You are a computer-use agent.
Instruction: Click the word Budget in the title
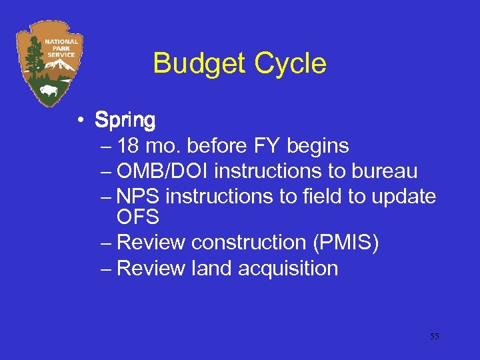199,64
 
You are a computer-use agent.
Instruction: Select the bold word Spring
125,121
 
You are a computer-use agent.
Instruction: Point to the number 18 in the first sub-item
130,145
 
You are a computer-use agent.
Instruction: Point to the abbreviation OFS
137,217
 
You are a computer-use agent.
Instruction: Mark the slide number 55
434,337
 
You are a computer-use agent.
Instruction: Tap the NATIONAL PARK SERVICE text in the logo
61,48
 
